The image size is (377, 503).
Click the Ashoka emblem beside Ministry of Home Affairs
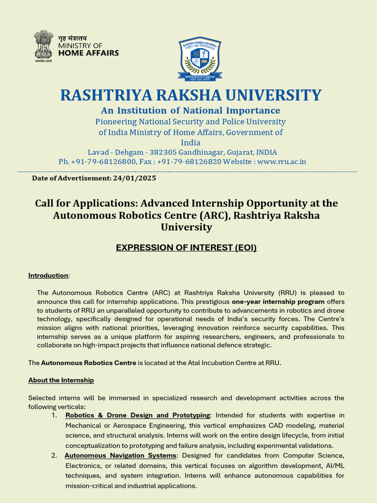(x=43, y=47)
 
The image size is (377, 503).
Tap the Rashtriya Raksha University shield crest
(x=199, y=58)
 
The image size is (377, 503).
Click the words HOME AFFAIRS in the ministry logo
(x=88, y=53)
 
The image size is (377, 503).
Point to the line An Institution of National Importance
(x=190, y=111)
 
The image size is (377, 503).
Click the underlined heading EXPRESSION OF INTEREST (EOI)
(x=186, y=248)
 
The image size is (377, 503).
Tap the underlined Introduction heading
(x=48, y=276)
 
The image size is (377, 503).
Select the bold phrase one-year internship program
(x=278, y=302)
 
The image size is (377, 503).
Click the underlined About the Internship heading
(x=61, y=380)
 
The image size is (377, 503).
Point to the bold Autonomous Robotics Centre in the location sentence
(x=88, y=363)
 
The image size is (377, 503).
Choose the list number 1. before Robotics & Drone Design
(x=54, y=416)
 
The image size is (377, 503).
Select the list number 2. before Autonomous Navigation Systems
(x=54, y=455)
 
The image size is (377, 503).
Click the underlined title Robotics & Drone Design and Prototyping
(x=137, y=416)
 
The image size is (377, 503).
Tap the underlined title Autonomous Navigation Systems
(x=121, y=455)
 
